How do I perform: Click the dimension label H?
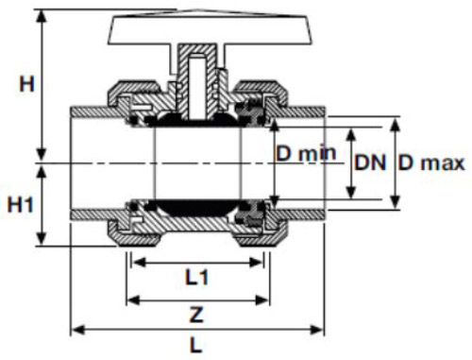tap(26, 84)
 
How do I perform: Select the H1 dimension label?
tap(20, 204)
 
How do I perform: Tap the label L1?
tap(196, 278)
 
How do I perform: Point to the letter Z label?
tap(196, 315)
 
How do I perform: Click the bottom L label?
tap(196, 345)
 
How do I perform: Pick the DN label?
tap(370, 163)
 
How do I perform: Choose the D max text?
tap(431, 163)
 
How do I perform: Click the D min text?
tap(306, 153)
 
